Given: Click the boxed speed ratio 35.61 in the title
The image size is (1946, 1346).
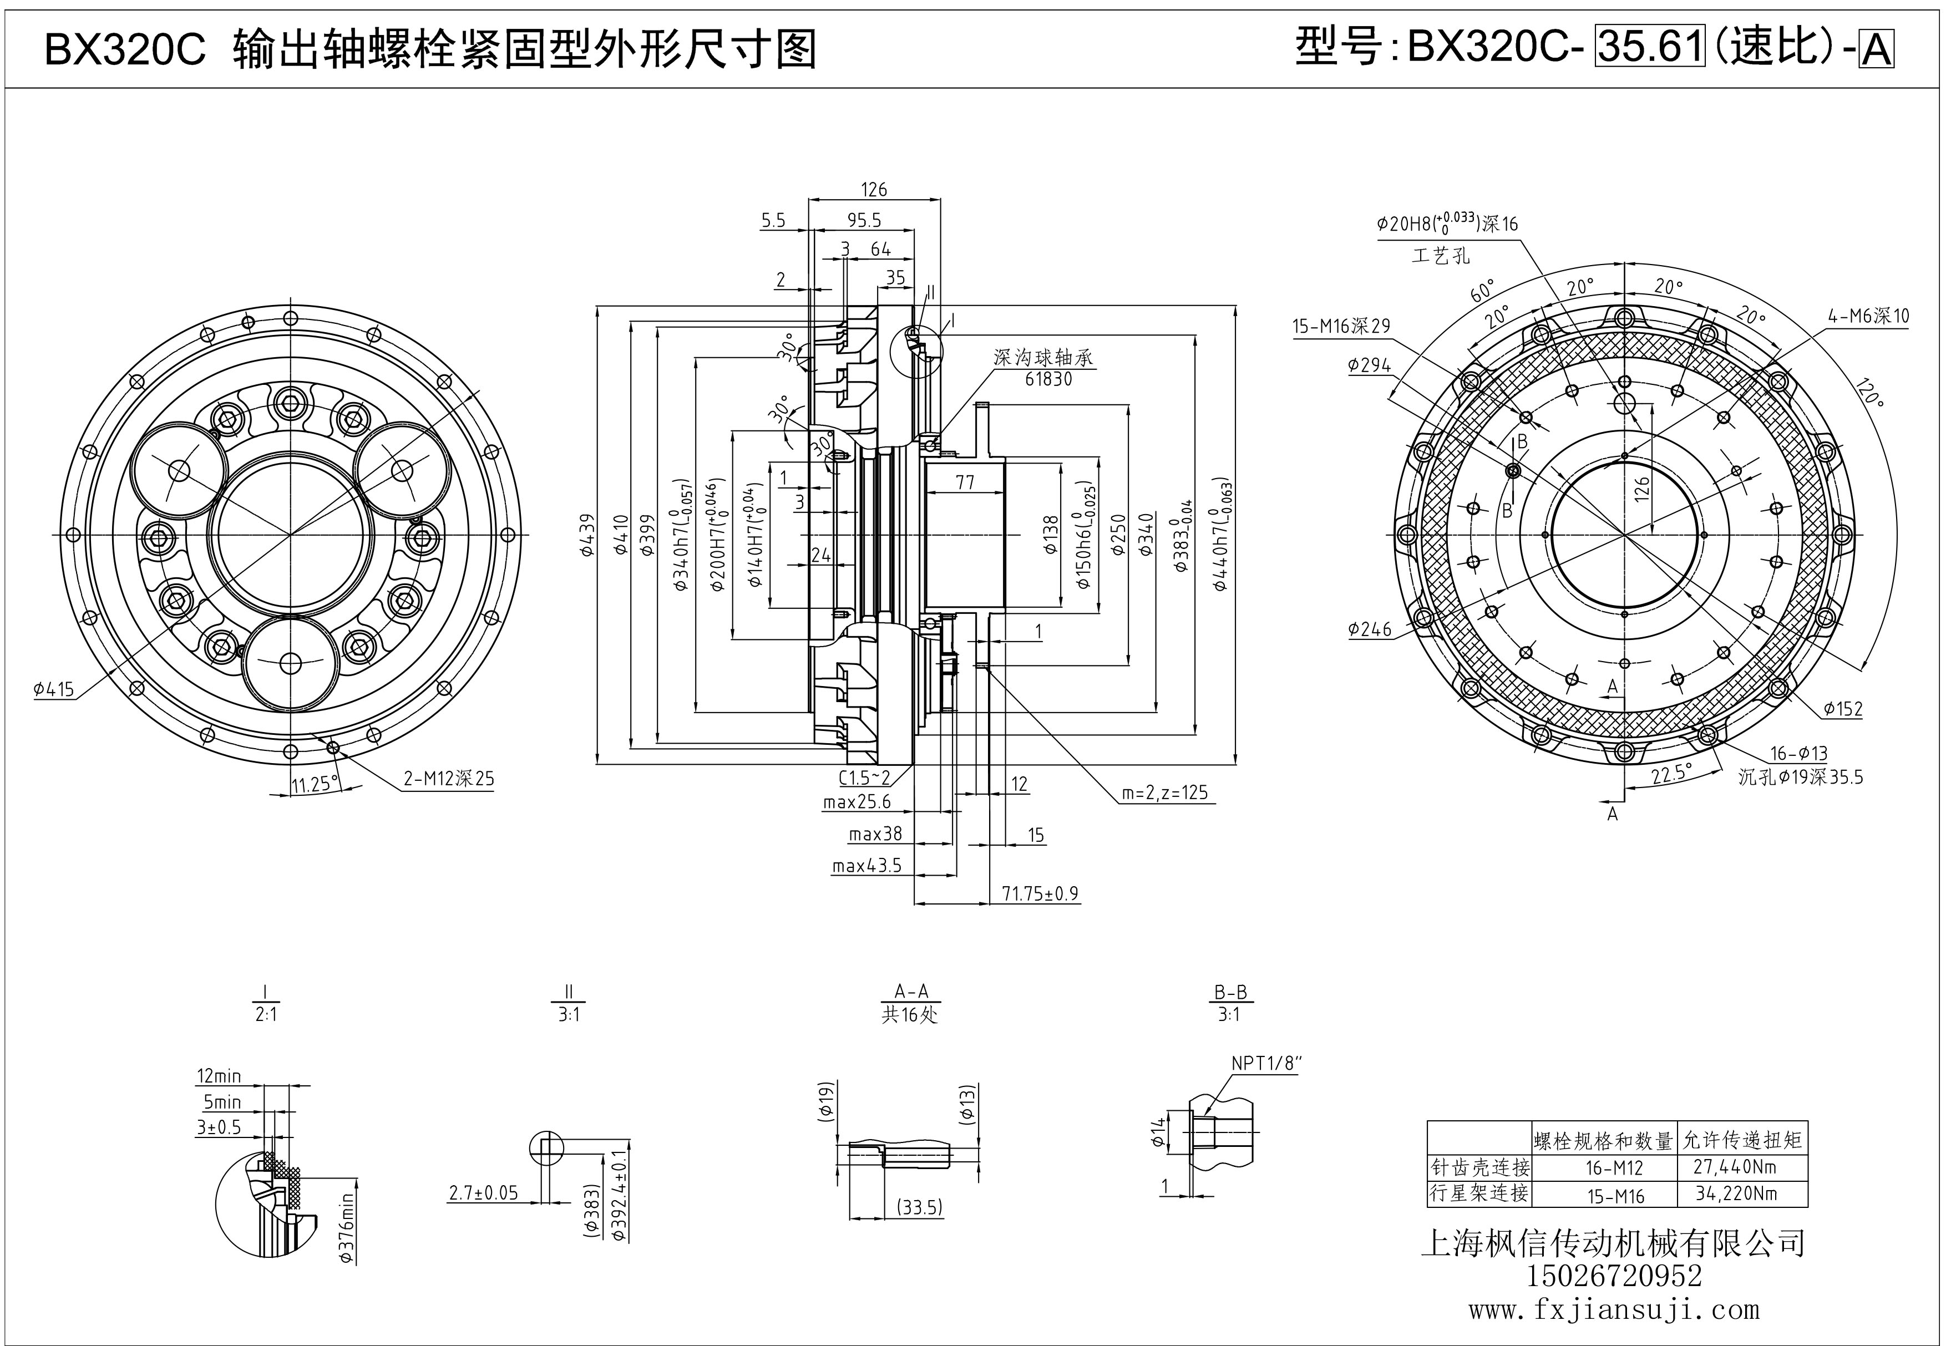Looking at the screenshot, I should [x=1649, y=47].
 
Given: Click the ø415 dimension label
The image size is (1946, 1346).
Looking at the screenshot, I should [x=54, y=689].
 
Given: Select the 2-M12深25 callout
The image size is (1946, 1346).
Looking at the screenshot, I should [x=449, y=779].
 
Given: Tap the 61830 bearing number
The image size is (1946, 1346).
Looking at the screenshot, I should [x=1048, y=379].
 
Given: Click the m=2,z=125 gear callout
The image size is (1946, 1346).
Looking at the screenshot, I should [x=1165, y=793].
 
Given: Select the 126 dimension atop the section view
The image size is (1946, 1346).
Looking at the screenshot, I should [x=874, y=190].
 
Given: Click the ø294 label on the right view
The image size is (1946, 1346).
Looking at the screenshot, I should [x=1369, y=365].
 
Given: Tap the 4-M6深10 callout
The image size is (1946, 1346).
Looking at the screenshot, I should [x=1868, y=316].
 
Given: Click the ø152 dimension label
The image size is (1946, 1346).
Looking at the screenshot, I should [x=1842, y=709].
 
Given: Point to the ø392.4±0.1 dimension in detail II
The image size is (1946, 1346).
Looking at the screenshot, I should [x=620, y=1189].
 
